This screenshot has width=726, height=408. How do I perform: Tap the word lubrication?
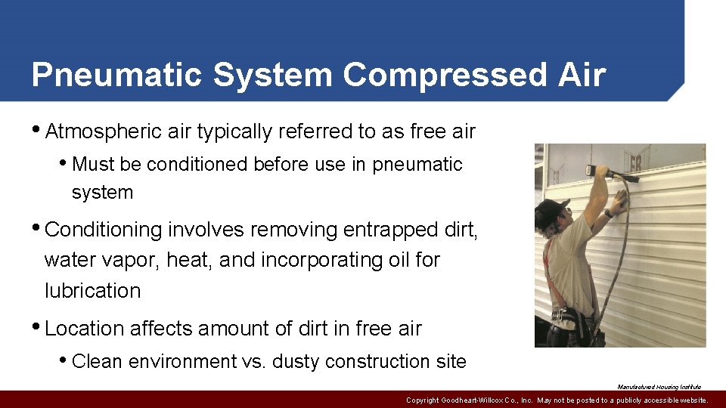(x=92, y=291)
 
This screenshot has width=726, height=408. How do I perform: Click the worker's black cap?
(x=551, y=209)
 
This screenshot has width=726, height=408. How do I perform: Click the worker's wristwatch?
(x=609, y=214)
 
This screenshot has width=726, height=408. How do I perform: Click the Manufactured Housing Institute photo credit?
(x=659, y=387)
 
